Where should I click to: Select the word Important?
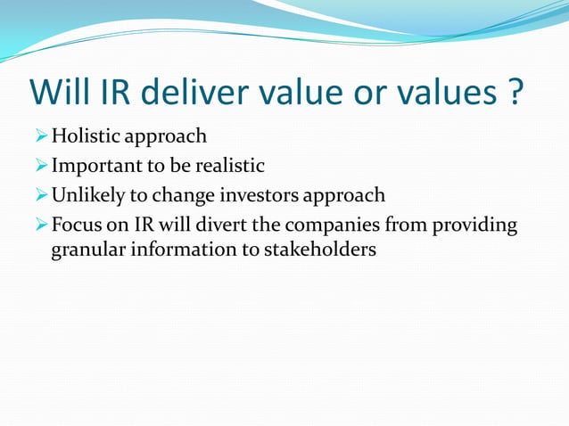click(97, 166)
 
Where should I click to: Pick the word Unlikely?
click(89, 194)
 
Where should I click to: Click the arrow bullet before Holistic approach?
click(39, 137)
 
